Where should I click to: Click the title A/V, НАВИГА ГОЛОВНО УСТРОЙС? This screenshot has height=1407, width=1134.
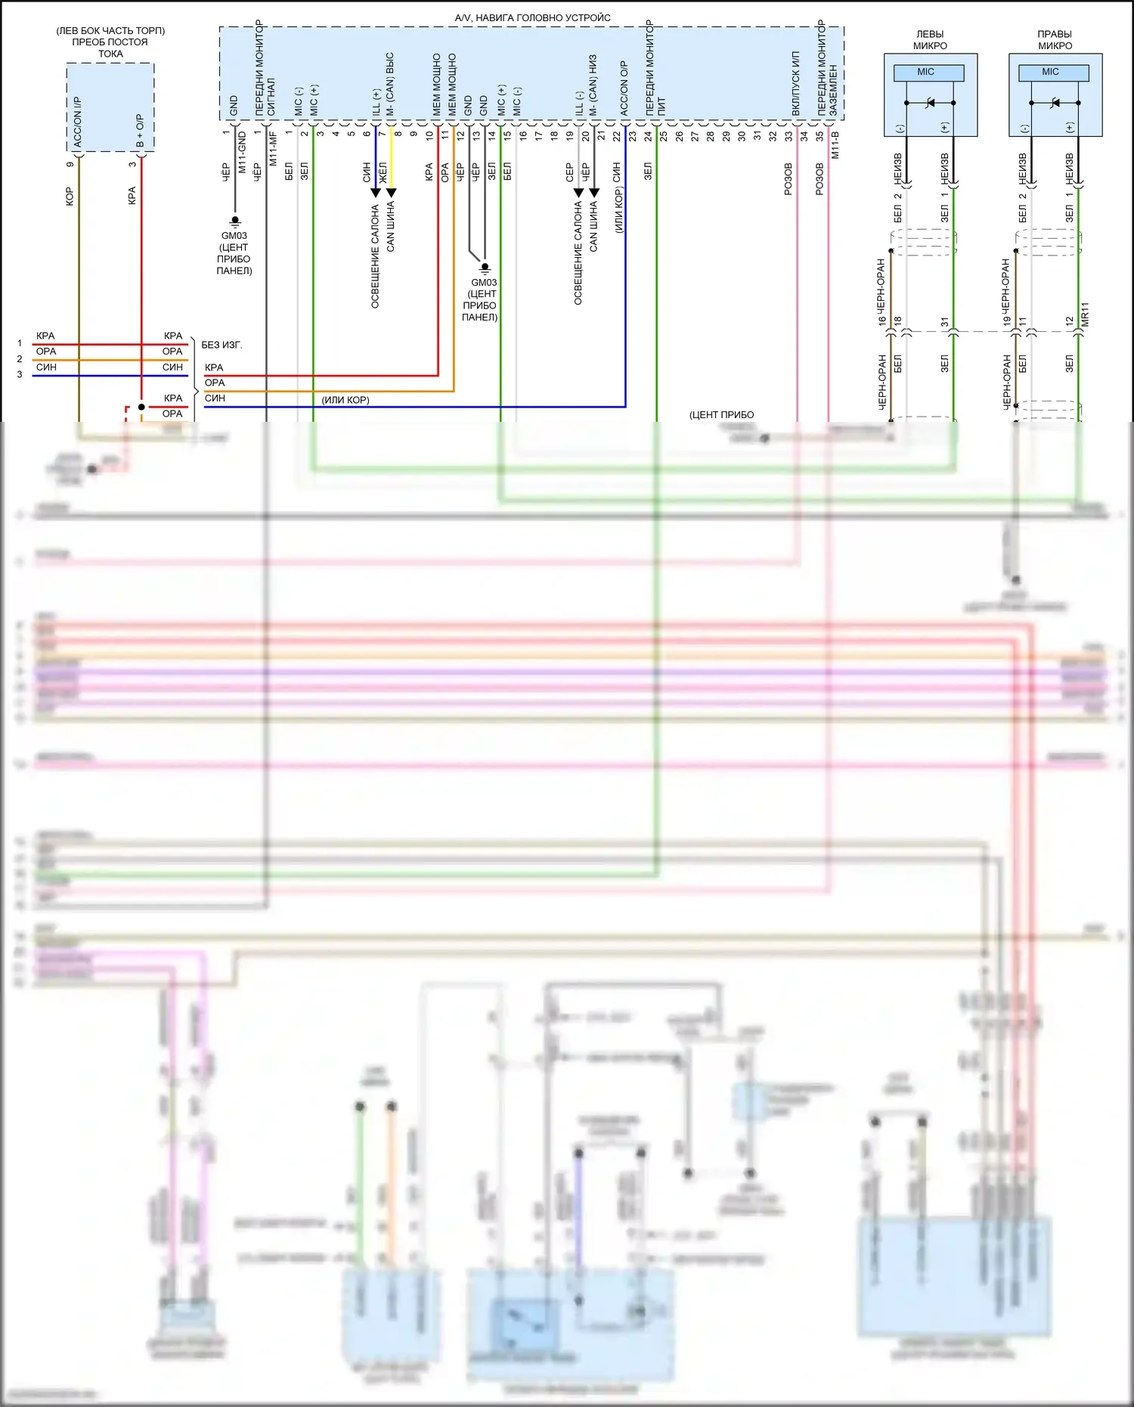(x=532, y=17)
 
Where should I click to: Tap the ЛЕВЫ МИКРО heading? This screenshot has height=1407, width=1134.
(x=930, y=40)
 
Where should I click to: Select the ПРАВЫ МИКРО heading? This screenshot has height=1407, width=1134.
(x=1055, y=40)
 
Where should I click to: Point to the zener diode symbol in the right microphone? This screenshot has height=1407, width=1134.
(x=1055, y=103)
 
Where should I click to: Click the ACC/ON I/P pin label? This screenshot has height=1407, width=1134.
(x=78, y=121)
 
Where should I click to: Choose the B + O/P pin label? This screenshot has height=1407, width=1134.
(x=140, y=130)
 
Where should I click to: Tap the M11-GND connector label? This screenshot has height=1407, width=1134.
(x=243, y=151)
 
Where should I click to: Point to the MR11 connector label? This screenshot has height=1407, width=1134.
(x=1085, y=315)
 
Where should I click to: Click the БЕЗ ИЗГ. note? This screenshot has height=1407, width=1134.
(x=222, y=345)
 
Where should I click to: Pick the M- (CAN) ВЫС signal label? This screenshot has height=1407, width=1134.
(x=391, y=84)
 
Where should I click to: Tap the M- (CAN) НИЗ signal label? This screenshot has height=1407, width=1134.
(x=593, y=85)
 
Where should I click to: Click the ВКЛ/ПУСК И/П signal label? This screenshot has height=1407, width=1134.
(x=796, y=84)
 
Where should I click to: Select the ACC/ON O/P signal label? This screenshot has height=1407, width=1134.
(x=624, y=88)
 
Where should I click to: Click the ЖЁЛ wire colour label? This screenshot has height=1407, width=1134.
(x=383, y=172)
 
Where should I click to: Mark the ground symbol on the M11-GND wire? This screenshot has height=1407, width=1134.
(x=235, y=221)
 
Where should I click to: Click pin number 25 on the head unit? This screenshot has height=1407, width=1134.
(x=663, y=136)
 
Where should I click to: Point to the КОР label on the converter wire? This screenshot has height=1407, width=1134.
(x=70, y=197)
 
